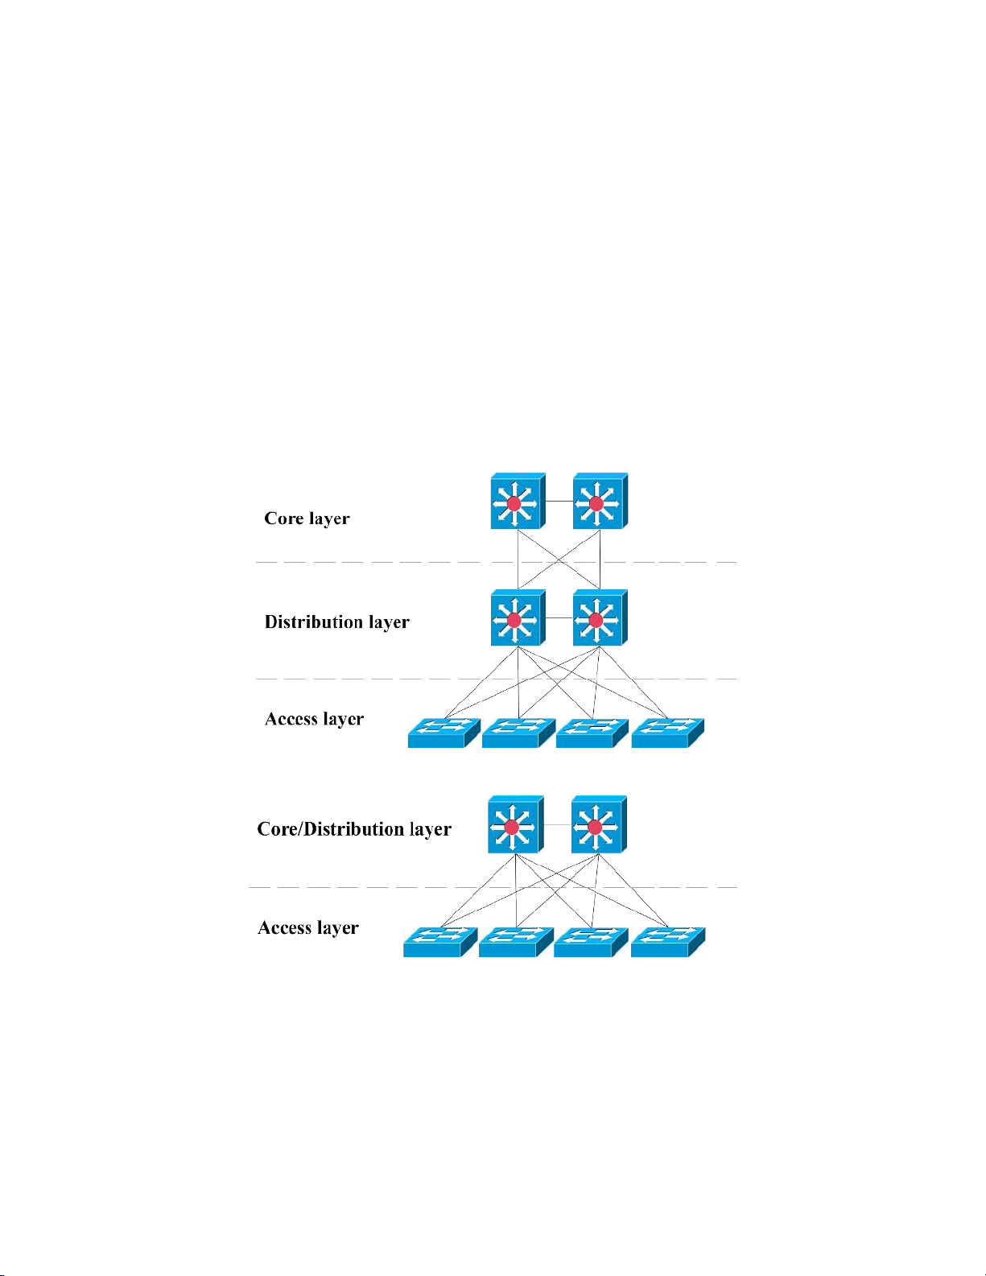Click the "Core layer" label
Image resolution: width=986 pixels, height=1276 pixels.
pos(307,518)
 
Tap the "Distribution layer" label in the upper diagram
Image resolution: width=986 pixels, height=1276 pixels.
pos(336,622)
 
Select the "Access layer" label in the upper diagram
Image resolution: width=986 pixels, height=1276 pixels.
pos(314,719)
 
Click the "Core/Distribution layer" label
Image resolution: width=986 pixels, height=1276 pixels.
pos(353,829)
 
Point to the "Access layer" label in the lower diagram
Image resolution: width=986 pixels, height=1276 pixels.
pos(307,928)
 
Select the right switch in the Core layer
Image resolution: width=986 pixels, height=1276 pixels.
pos(600,502)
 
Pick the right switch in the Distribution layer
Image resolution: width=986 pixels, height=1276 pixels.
pos(600,618)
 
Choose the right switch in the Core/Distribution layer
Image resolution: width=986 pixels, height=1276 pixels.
pos(598,825)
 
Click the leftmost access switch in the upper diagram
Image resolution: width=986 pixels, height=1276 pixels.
pos(443,733)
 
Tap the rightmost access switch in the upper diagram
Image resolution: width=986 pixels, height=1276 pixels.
pos(667,733)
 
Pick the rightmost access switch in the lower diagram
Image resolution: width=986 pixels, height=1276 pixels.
pos(667,942)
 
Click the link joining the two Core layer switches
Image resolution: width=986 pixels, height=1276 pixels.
pos(559,502)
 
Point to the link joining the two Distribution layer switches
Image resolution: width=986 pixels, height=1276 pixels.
pos(559,618)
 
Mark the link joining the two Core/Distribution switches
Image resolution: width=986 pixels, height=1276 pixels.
pos(557,825)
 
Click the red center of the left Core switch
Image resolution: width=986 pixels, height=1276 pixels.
pos(514,504)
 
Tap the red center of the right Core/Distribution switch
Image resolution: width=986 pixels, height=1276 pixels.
pos(595,828)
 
